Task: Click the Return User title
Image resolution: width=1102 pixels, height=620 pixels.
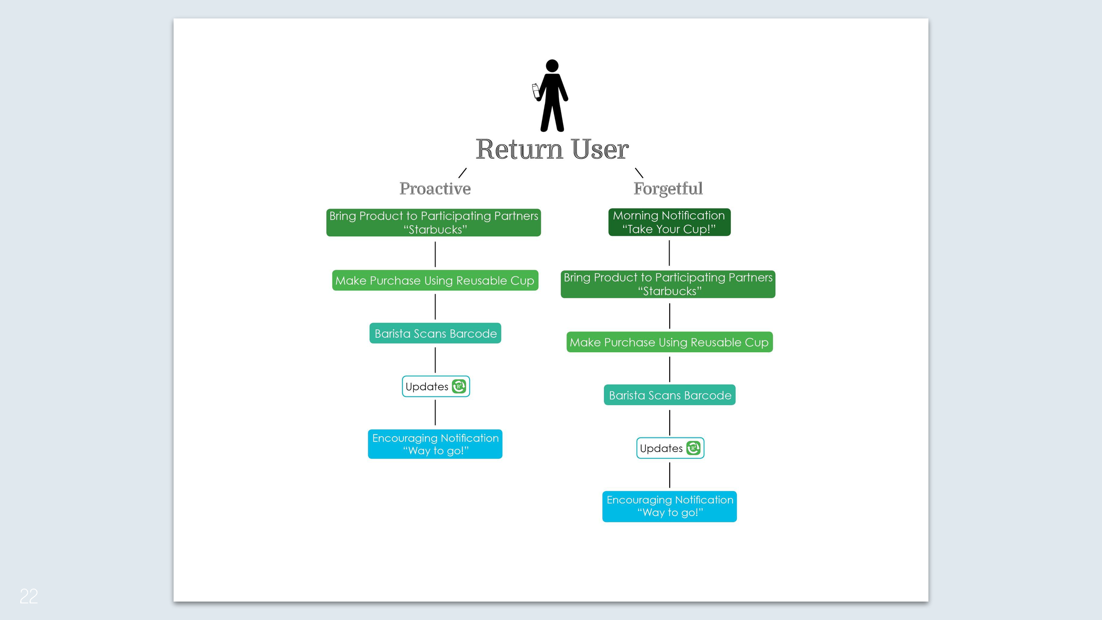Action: click(552, 149)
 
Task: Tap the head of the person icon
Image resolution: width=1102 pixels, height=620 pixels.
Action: click(552, 66)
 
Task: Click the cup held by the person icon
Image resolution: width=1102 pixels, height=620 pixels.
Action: click(536, 91)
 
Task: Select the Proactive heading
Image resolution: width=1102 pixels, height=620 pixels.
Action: click(435, 189)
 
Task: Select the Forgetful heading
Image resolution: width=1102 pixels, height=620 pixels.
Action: click(668, 189)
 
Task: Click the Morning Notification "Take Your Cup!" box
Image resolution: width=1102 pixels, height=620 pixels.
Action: click(669, 222)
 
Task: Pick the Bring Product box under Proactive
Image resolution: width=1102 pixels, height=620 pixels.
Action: click(433, 223)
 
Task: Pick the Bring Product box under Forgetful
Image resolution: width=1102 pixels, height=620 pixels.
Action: click(668, 284)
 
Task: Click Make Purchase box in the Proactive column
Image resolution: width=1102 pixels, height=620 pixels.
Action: click(435, 280)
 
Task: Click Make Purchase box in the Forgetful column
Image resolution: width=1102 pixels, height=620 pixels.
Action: click(669, 342)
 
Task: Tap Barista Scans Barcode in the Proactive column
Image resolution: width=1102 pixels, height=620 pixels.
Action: click(435, 333)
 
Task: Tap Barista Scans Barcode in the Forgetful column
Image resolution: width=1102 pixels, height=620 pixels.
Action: click(669, 395)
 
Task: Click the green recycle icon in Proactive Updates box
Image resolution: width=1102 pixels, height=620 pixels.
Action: click(459, 386)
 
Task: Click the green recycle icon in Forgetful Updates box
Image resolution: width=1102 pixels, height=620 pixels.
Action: click(693, 448)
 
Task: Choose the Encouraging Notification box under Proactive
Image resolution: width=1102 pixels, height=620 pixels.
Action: click(435, 444)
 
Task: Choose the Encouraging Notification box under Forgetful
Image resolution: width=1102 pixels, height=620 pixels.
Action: click(669, 506)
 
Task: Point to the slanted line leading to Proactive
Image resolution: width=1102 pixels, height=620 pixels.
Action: click(462, 173)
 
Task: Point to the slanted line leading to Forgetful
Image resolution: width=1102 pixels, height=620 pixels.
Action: click(639, 173)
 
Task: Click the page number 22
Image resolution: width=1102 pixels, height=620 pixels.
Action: click(29, 596)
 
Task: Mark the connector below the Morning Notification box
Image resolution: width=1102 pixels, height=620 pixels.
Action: click(669, 253)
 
